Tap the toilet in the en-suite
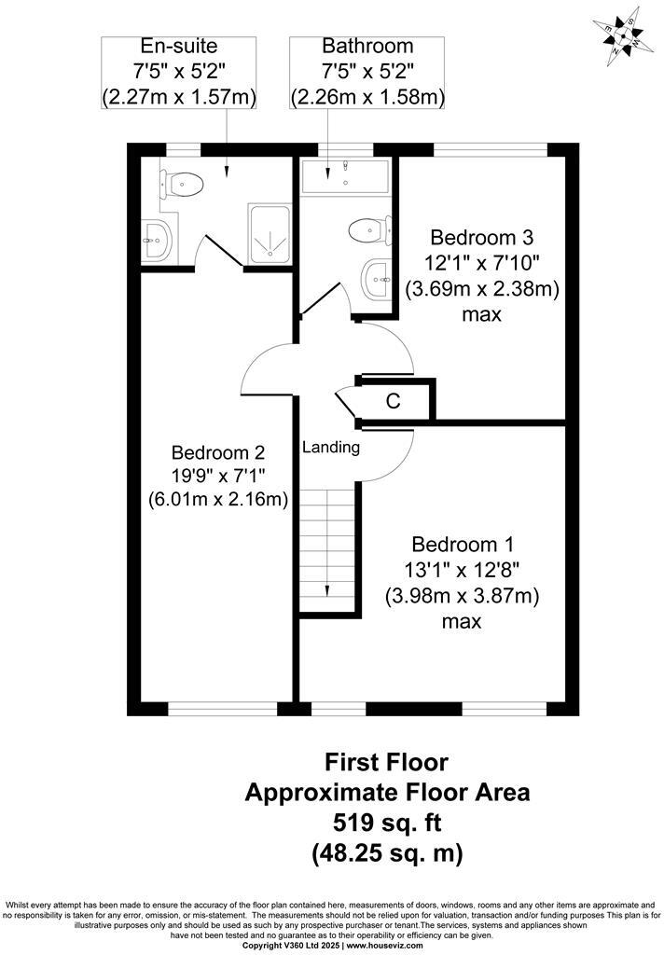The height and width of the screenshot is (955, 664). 184,184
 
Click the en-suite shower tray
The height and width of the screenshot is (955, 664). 270,235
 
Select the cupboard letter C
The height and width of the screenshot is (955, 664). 394,402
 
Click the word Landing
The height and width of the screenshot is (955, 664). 331,448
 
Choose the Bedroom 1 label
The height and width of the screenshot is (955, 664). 463,544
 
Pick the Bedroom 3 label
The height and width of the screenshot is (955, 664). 481,237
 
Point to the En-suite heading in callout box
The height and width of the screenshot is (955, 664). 180,46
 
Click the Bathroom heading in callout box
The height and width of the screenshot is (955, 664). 367,46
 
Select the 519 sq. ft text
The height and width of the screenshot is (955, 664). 387,823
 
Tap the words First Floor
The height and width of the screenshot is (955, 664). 387,762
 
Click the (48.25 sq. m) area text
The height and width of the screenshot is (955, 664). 387,852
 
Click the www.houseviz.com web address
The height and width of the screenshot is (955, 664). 383,946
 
